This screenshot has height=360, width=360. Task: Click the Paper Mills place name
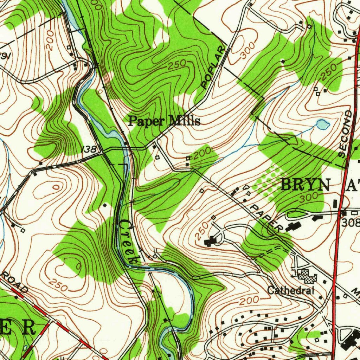click(164, 121)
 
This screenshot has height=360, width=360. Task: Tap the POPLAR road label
click(213, 67)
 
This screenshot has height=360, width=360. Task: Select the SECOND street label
click(345, 134)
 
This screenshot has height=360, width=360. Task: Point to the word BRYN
click(306, 185)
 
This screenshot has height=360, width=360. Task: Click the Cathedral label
click(290, 290)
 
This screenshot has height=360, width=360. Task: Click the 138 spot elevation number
click(89, 149)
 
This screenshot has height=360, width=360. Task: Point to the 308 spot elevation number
click(351, 222)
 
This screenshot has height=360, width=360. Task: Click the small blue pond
click(323, 124)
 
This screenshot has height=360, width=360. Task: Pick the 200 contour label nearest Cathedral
click(250, 301)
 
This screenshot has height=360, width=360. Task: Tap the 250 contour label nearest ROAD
click(58, 285)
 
